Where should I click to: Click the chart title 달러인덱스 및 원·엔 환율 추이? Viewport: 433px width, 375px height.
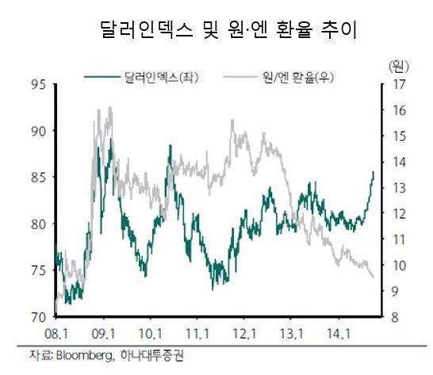point(229,29)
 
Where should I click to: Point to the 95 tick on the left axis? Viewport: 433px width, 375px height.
point(38,85)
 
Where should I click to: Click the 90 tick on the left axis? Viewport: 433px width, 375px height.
point(38,131)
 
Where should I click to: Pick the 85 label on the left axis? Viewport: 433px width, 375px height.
point(38,178)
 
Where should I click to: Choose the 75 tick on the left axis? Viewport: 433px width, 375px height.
point(38,271)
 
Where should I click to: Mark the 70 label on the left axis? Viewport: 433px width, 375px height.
point(38,317)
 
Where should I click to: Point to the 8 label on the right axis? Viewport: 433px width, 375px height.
point(395,317)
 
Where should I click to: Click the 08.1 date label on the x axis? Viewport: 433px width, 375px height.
point(56,335)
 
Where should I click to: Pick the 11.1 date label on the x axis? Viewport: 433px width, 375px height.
point(197,335)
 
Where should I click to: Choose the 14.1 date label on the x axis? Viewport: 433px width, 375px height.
point(339,335)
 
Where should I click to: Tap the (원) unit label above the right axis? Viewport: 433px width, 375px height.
point(399,67)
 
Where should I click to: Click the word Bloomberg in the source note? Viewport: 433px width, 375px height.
point(85,356)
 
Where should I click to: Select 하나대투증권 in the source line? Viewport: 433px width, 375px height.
point(152,355)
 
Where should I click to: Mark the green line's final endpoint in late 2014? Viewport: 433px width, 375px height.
point(374,172)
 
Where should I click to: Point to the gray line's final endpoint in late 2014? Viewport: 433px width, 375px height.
point(374,277)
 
